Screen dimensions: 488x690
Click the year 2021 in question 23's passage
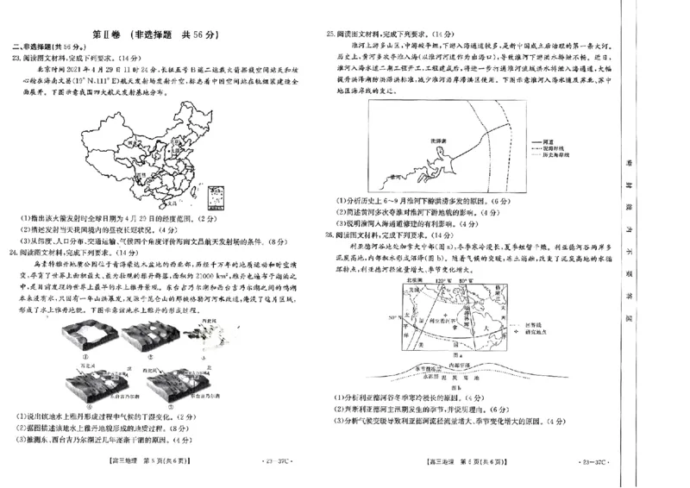pyautogui.click(x=69, y=71)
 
